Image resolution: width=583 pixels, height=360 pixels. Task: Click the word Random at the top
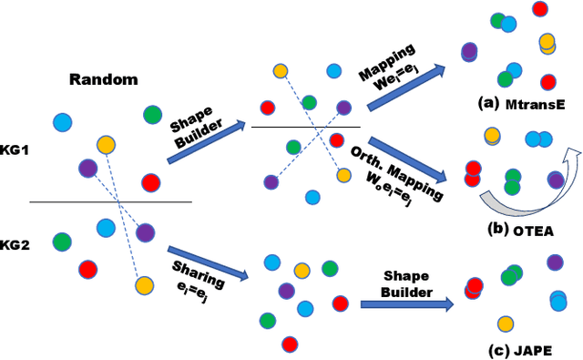pyautogui.click(x=103, y=79)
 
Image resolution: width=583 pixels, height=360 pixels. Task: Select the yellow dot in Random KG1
pyautogui.click(x=107, y=144)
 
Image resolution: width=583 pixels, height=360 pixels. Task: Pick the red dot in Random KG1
pyautogui.click(x=150, y=183)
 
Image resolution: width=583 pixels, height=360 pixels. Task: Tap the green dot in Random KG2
pyautogui.click(x=62, y=242)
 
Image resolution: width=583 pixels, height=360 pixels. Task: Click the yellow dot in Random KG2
pyautogui.click(x=144, y=285)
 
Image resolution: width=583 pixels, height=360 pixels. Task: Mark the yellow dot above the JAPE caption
pyautogui.click(x=506, y=324)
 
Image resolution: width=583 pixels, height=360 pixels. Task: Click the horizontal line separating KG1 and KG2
pyautogui.click(x=109, y=201)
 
